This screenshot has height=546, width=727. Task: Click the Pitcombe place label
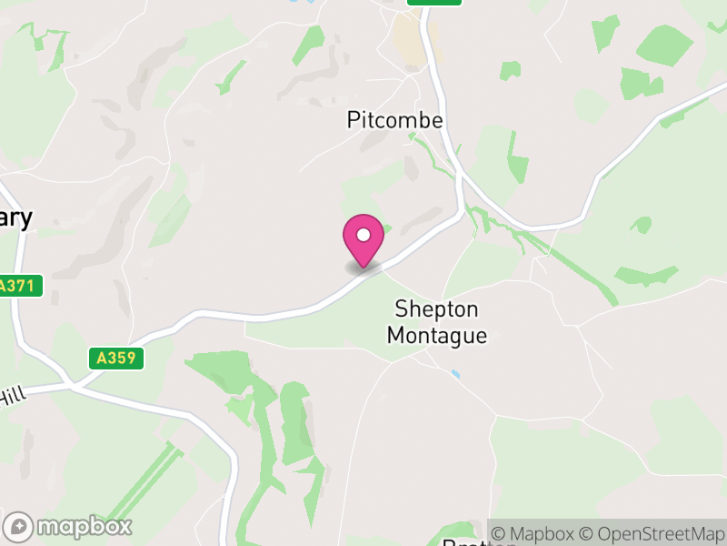pos(394,120)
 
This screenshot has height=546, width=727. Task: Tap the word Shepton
pos(437,309)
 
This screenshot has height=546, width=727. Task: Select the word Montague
pos(436,336)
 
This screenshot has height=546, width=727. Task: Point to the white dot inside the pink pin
pos(363,235)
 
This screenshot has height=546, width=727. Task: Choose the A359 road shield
pos(118,359)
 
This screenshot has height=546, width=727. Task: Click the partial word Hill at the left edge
pos(12,397)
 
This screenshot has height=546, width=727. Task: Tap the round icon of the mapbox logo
pos(19,526)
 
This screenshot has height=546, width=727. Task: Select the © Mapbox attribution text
pos(538,533)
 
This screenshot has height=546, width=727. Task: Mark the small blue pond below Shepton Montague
pos(454,373)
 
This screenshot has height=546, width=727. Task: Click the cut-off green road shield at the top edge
pos(434,3)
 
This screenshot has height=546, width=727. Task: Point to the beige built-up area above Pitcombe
pos(411,41)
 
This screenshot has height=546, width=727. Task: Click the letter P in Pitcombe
pos(354,120)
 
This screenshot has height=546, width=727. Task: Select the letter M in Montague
pos(396,336)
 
